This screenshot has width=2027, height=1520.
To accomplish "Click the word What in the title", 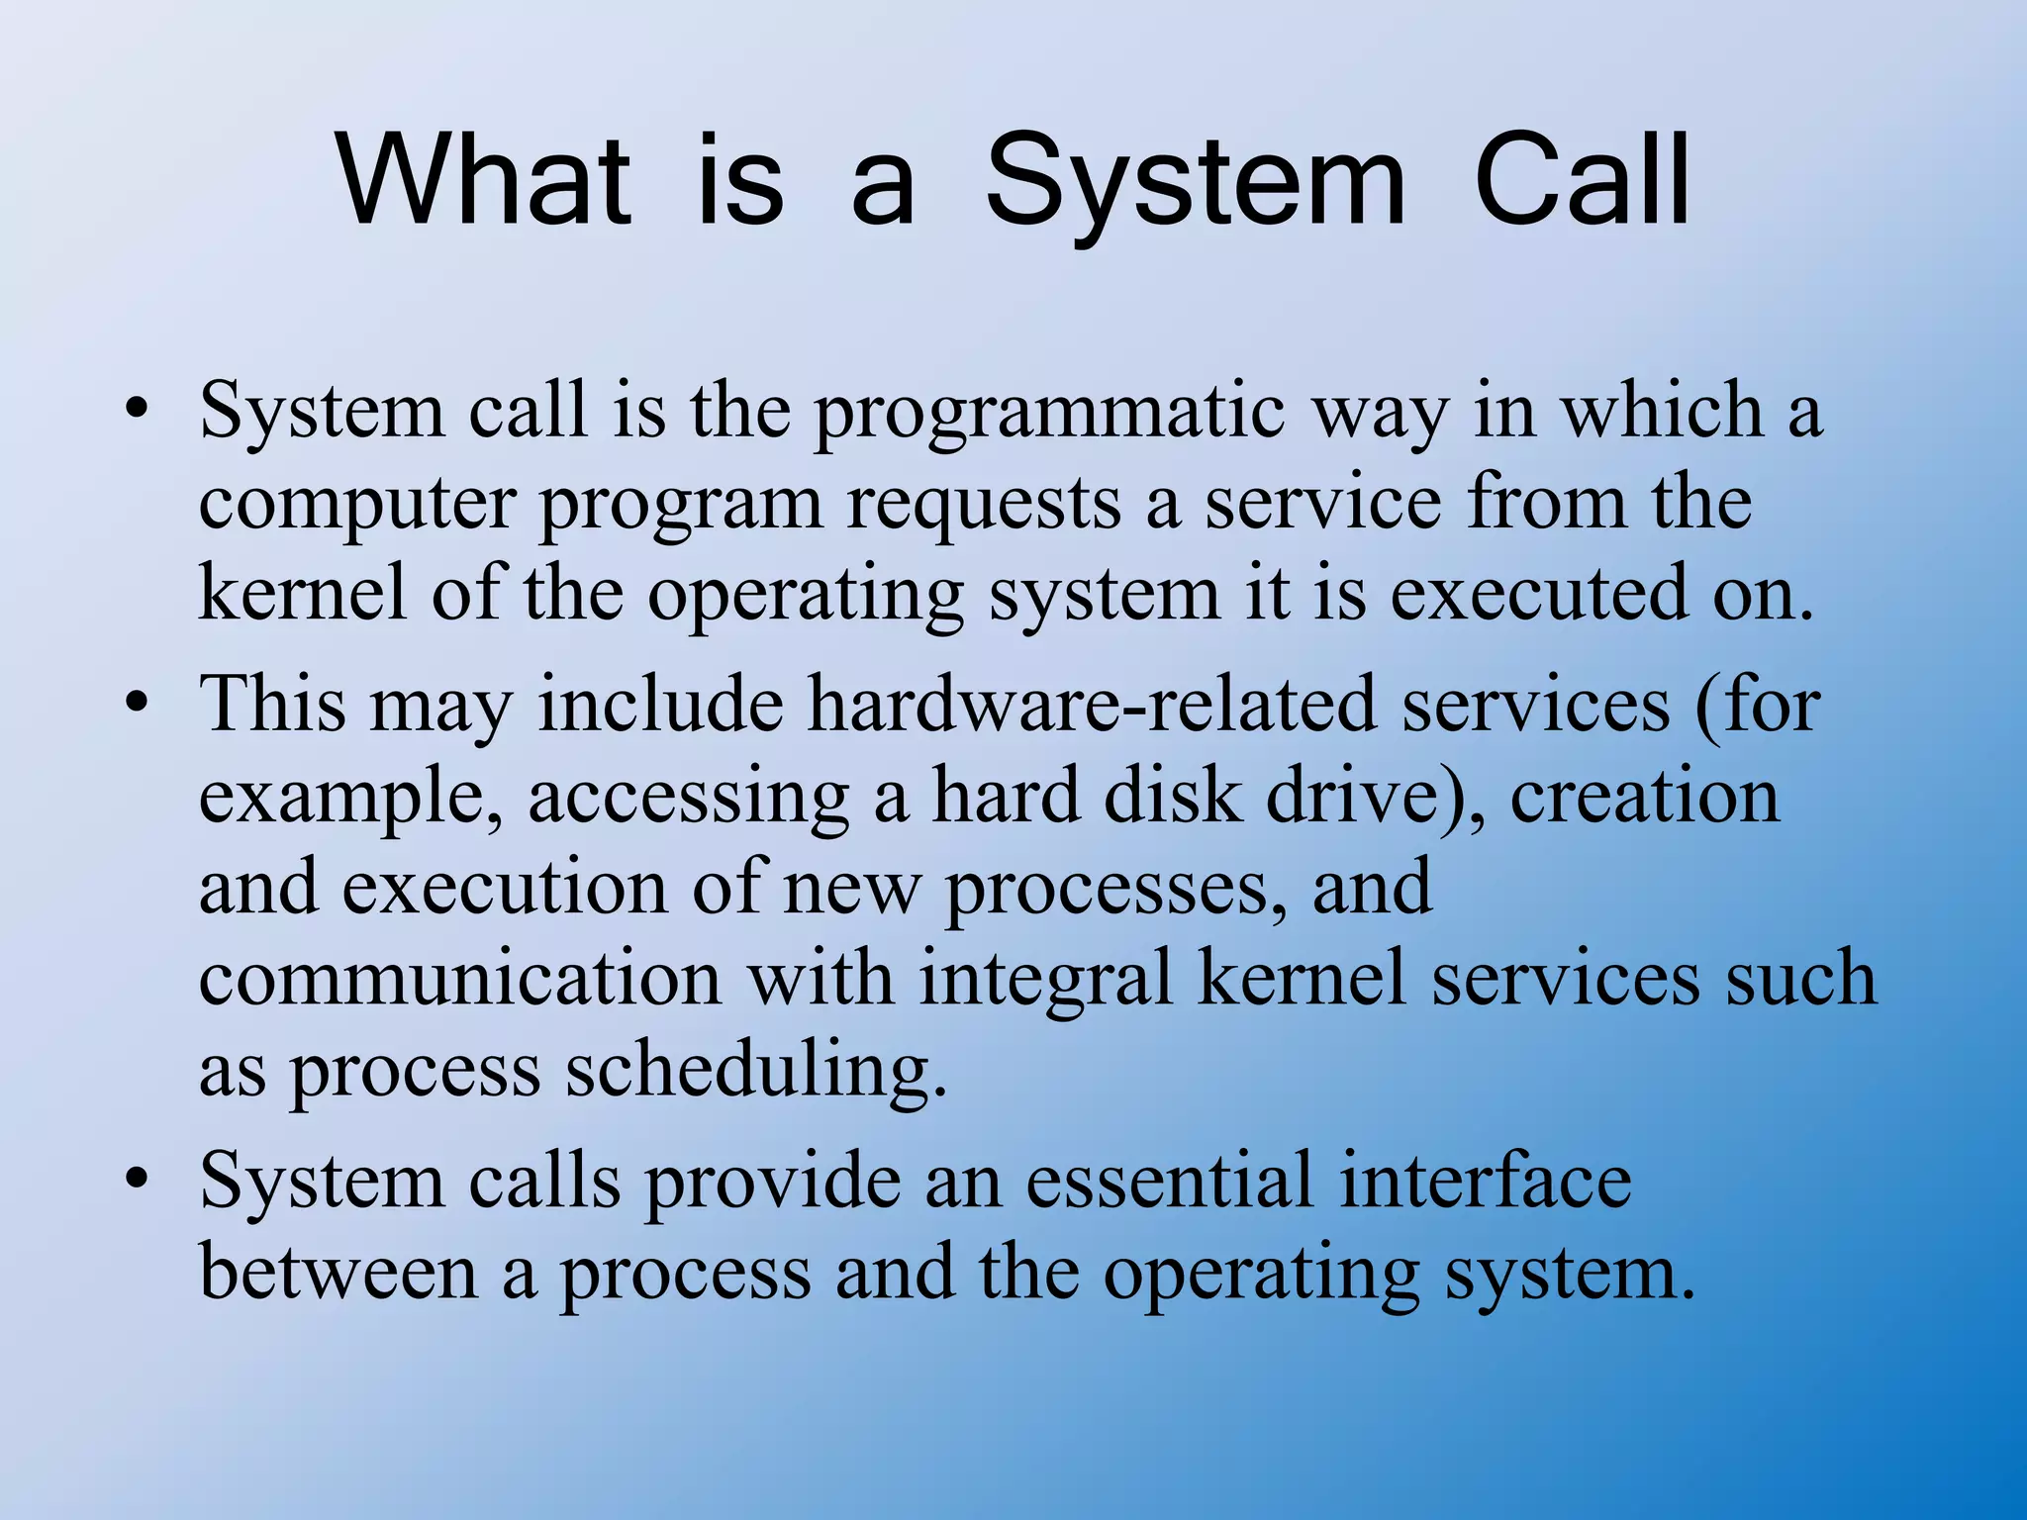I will [484, 182].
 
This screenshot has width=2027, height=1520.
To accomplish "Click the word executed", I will [1539, 594].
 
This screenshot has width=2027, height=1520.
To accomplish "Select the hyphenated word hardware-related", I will [1093, 704].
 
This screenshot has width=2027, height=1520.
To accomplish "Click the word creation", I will [1644, 798].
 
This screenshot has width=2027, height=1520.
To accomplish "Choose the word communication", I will [460, 979].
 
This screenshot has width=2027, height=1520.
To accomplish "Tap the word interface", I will [1486, 1180].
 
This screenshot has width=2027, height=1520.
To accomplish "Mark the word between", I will [338, 1272].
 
